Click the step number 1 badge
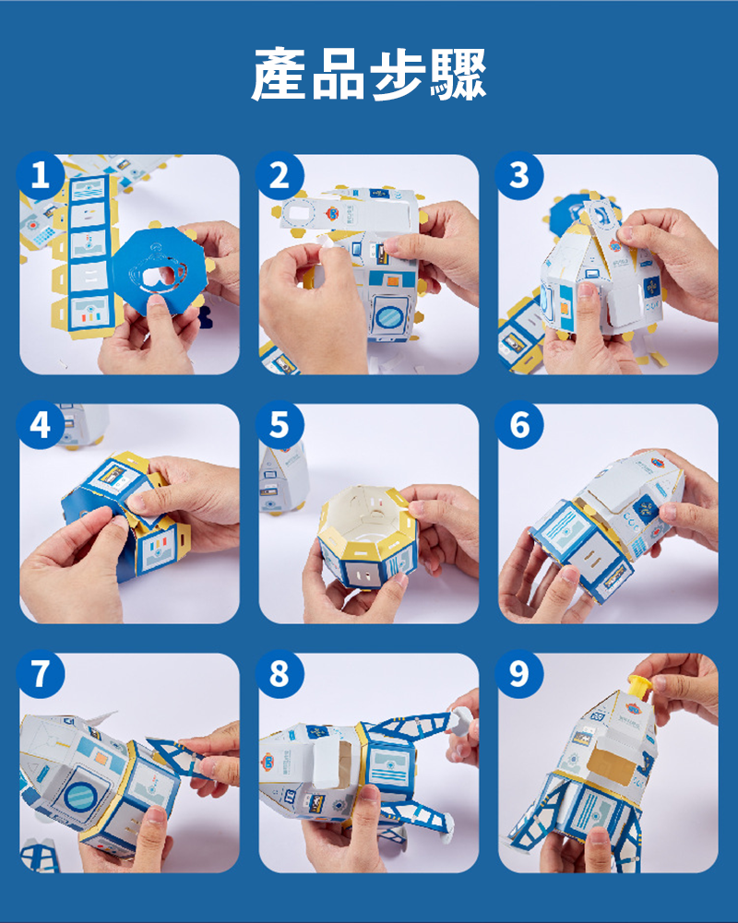pos(40,175)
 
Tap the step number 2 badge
pos(280,175)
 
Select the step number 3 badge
pos(518,175)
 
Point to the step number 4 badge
pos(40,424)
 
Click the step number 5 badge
pos(280,424)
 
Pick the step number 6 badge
pos(518,424)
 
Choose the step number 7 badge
pos(40,674)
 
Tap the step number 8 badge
pos(280,674)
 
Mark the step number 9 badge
pos(518,674)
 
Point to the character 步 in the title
pos(398,74)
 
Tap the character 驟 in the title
pos(458,74)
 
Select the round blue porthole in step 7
pos(81,795)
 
